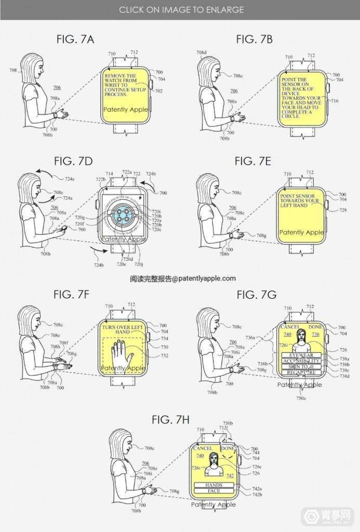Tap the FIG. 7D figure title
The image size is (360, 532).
pos(73,161)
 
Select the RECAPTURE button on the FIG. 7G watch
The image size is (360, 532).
pos(301,373)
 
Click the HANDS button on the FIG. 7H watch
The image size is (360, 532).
pos(214,485)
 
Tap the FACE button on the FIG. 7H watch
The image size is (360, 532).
pos(214,491)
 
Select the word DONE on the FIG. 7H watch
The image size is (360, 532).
pos(228,448)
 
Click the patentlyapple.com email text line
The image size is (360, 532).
pos(182,279)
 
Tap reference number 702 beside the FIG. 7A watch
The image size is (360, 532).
pos(158,91)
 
